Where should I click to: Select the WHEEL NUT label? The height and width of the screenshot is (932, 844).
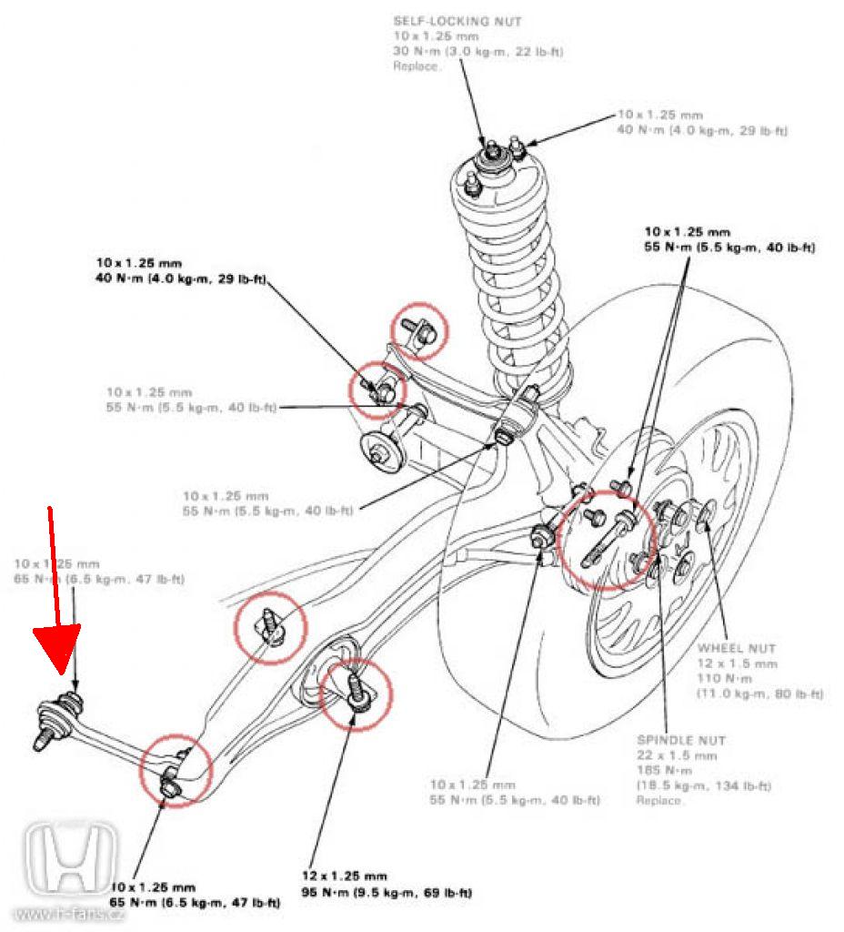click(x=737, y=649)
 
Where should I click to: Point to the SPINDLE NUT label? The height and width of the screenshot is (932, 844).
click(x=680, y=741)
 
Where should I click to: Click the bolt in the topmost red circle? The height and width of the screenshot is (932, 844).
click(x=421, y=329)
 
